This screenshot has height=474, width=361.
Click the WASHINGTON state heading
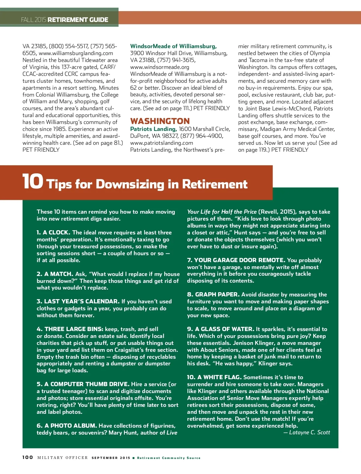pos(160,121)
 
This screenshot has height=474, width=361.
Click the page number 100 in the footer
pos(28,457)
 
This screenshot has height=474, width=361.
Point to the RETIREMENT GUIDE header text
pos(78,20)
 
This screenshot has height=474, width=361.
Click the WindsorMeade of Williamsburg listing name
pos(173,46)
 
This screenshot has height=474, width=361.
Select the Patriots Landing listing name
pos(153,129)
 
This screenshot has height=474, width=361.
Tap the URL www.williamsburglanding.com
pos(76,53)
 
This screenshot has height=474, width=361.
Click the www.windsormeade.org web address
pos(159,67)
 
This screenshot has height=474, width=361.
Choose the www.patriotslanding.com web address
pos(161,143)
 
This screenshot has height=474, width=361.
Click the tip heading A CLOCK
pos(56,233)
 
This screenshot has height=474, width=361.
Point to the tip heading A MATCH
pos(59,274)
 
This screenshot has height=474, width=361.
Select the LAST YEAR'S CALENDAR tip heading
pos(82,302)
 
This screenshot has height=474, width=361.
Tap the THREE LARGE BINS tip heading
pos(74,329)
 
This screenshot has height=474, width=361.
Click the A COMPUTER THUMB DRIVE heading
pos(87,384)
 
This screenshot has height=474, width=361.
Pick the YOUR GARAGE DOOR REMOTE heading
pos(239,260)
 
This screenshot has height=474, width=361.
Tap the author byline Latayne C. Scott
pos(309,432)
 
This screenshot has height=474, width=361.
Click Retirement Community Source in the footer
pos(168,458)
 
